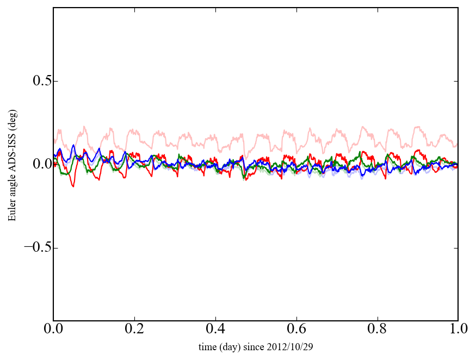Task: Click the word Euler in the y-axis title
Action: tap(12, 211)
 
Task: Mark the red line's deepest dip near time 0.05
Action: tap(73, 187)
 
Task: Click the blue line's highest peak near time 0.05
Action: tap(73, 145)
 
